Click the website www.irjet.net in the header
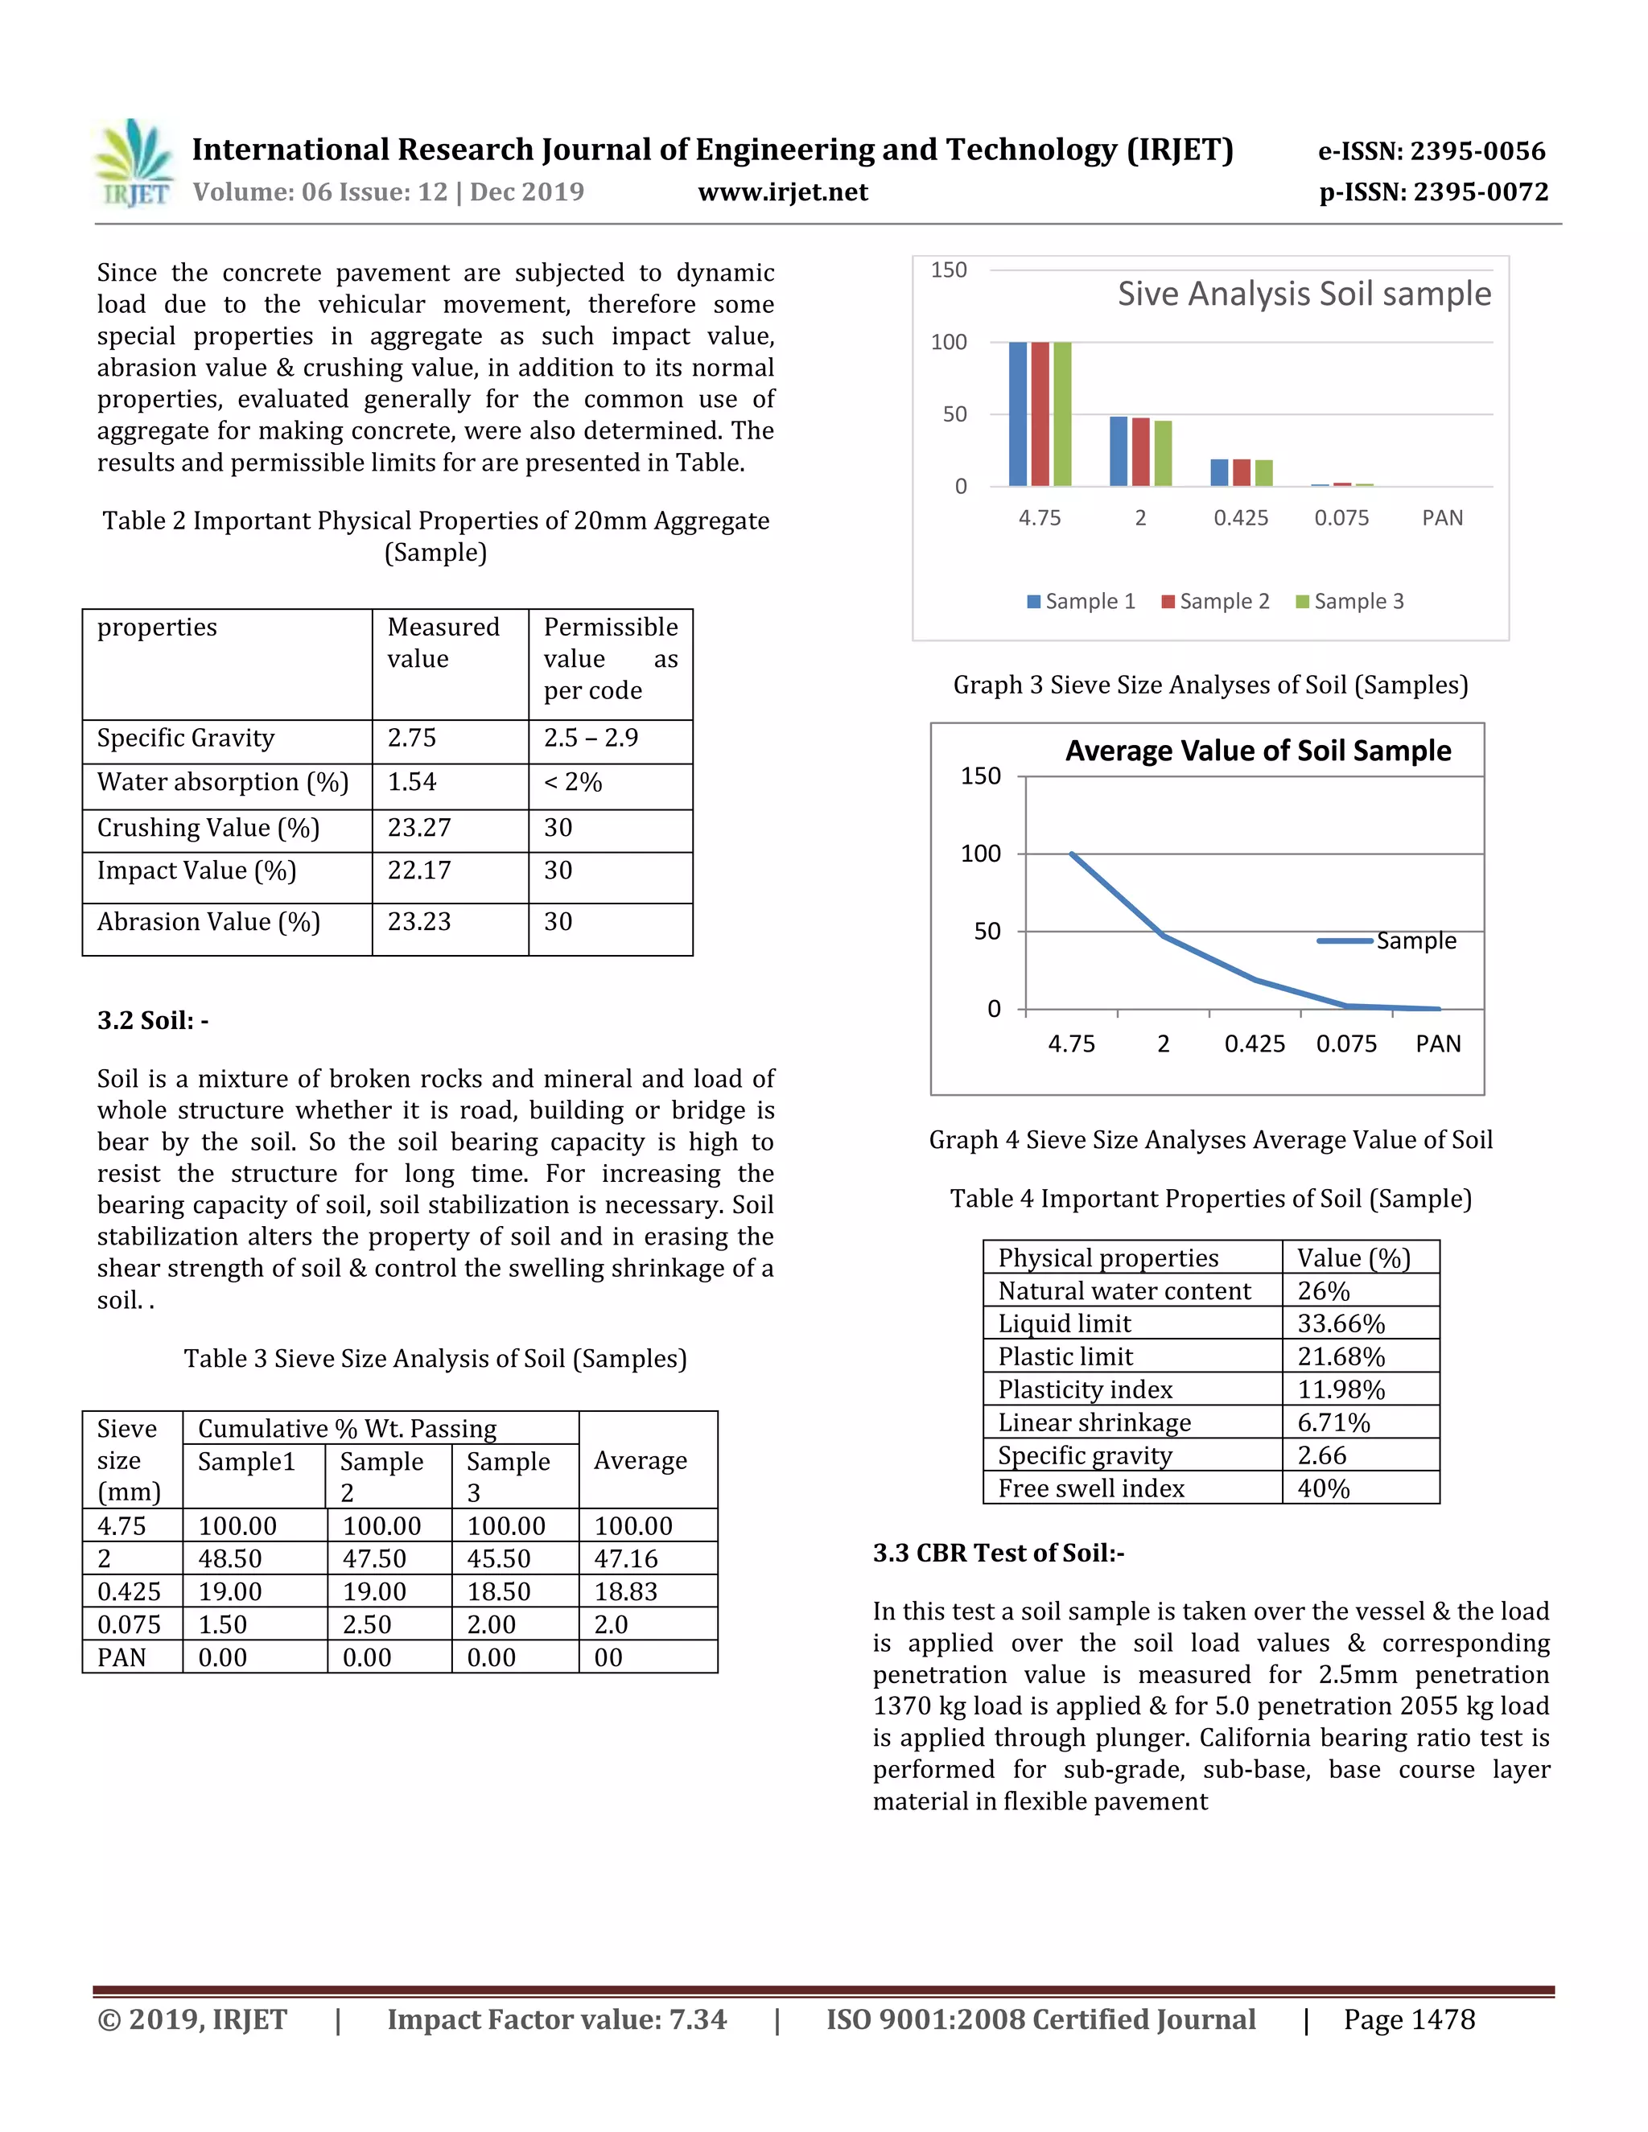782,192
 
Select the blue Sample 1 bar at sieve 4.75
1017,414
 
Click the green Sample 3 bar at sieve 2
1163,453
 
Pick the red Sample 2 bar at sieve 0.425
1241,472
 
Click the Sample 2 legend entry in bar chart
1216,601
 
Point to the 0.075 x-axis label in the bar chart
1341,518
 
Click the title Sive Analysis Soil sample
1304,294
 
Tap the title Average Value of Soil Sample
1258,751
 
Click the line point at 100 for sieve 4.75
1072,854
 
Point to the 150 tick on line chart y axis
980,776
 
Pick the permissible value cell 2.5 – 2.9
591,738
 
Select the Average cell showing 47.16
626,1559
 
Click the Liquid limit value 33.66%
1341,1323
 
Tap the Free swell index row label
1090,1488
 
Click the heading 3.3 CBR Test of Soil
998,1553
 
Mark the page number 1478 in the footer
1409,2019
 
